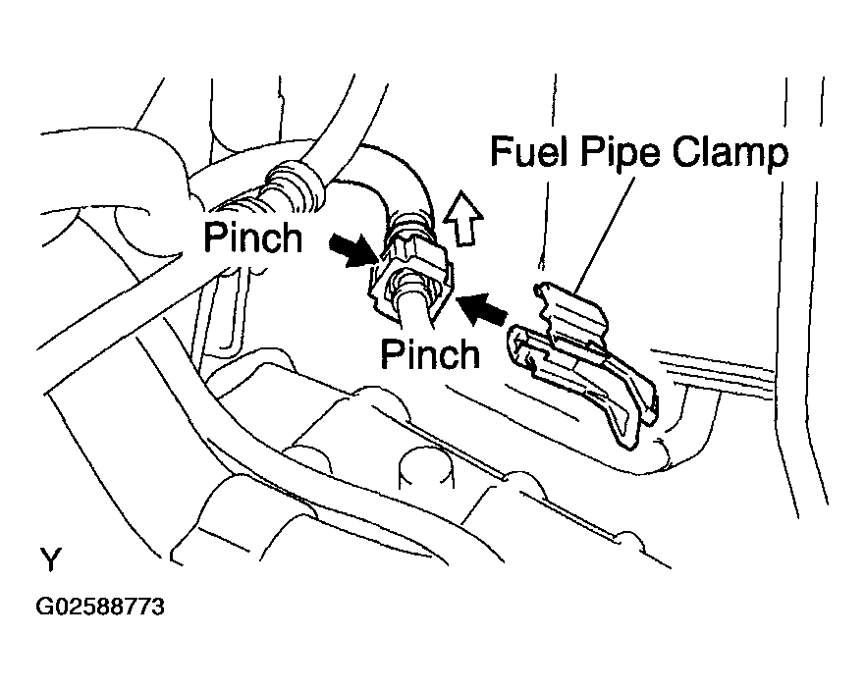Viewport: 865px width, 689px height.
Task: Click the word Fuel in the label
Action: coord(529,155)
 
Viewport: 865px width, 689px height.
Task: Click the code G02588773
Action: coord(100,608)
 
